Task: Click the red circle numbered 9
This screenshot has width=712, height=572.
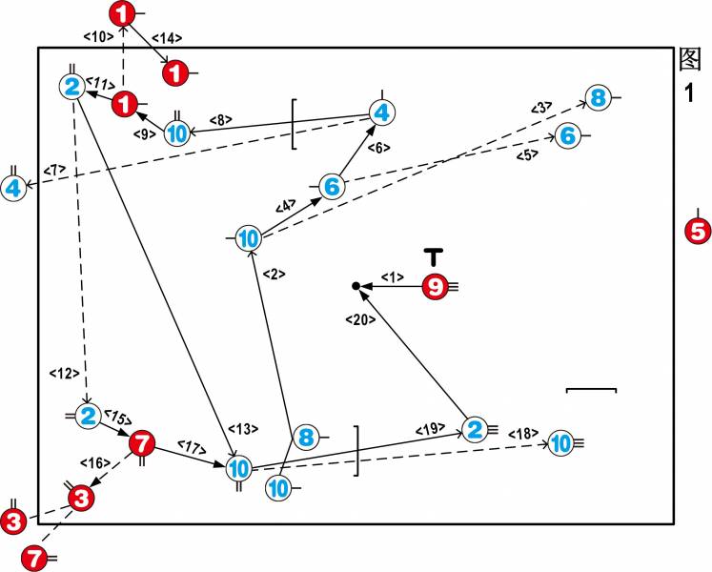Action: pos(435,286)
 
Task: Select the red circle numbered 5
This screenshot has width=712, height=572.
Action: pos(697,230)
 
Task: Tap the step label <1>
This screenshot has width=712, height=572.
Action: pos(393,276)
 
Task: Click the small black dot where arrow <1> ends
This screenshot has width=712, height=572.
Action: pos(356,286)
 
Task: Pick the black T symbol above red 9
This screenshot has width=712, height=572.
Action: pos(434,255)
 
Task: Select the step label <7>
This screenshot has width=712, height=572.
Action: pos(53,170)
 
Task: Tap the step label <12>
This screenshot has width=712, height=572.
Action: pos(63,373)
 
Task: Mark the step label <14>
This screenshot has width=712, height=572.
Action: pos(166,39)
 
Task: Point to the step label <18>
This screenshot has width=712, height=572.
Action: pos(522,434)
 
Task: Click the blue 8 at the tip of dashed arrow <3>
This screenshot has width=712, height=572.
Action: pos(598,97)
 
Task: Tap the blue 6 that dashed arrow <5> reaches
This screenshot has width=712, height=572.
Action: pos(568,136)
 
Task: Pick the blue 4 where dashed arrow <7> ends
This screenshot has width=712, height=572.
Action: pos(13,189)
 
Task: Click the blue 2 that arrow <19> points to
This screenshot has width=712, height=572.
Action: pos(474,430)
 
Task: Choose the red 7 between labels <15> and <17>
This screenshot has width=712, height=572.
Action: pos(141,442)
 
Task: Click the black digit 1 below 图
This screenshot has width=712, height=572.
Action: pos(690,92)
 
